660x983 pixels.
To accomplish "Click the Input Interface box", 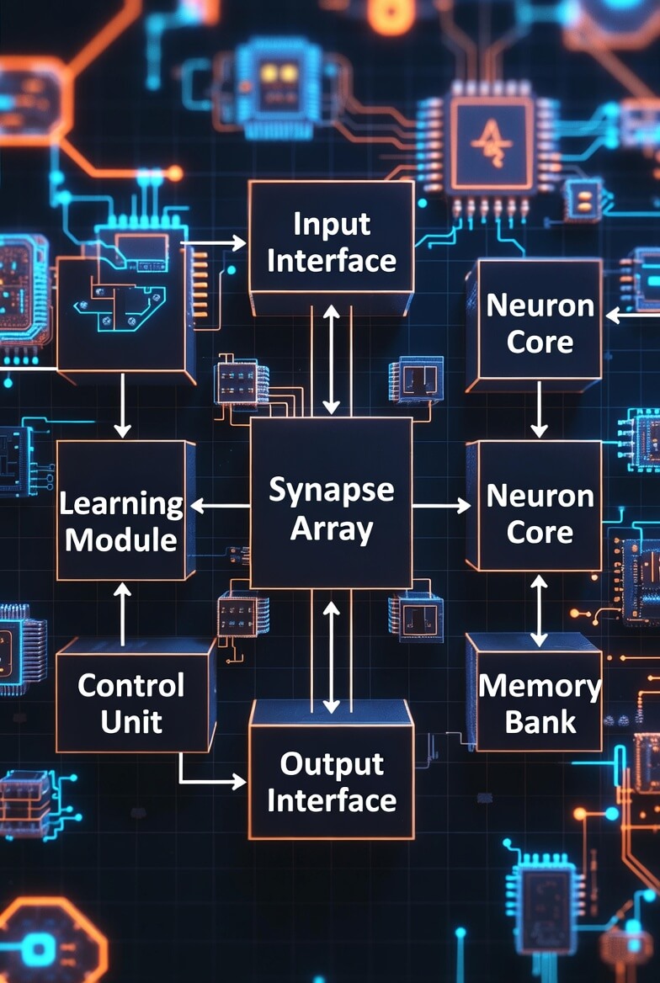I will pyautogui.click(x=331, y=242).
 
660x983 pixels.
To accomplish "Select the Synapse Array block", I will pyautogui.click(x=331, y=505).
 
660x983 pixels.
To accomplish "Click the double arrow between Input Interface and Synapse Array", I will pyautogui.click(x=332, y=360).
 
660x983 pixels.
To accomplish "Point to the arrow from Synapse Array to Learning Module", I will pyautogui.click(x=221, y=506).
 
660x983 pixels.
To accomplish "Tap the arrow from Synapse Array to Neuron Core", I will pyautogui.click(x=441, y=505).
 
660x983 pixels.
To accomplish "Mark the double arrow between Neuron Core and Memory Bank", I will pyautogui.click(x=539, y=611).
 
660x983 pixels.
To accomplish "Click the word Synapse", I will pyautogui.click(x=331, y=489).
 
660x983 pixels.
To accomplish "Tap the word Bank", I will pyautogui.click(x=540, y=721).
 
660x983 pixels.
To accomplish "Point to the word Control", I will pyautogui.click(x=131, y=685).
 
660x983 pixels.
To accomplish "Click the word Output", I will pyautogui.click(x=331, y=763).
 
